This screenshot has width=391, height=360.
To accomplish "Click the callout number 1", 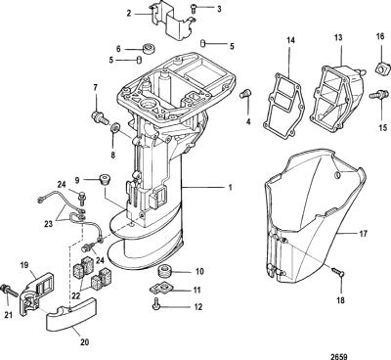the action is (230, 188).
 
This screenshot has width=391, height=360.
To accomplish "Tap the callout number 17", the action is (363, 234).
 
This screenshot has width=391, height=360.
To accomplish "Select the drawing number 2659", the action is (339, 357).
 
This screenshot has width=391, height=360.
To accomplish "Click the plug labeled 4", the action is (244, 94).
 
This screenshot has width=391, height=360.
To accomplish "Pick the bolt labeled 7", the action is (100, 117).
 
